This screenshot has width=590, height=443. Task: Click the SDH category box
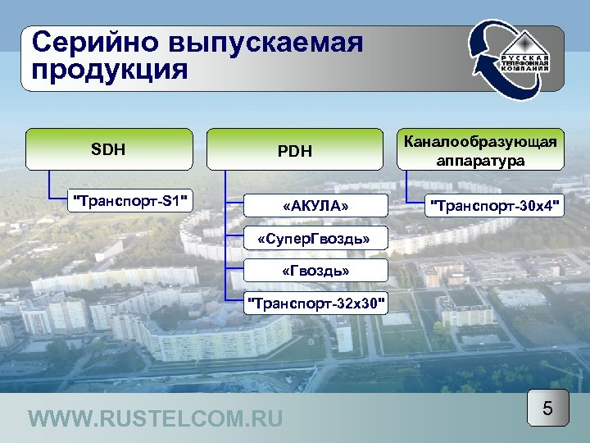109,149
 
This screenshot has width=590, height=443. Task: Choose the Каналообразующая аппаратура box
480,150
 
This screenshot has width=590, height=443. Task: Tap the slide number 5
547,408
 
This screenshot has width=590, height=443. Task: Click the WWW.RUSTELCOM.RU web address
155,419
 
